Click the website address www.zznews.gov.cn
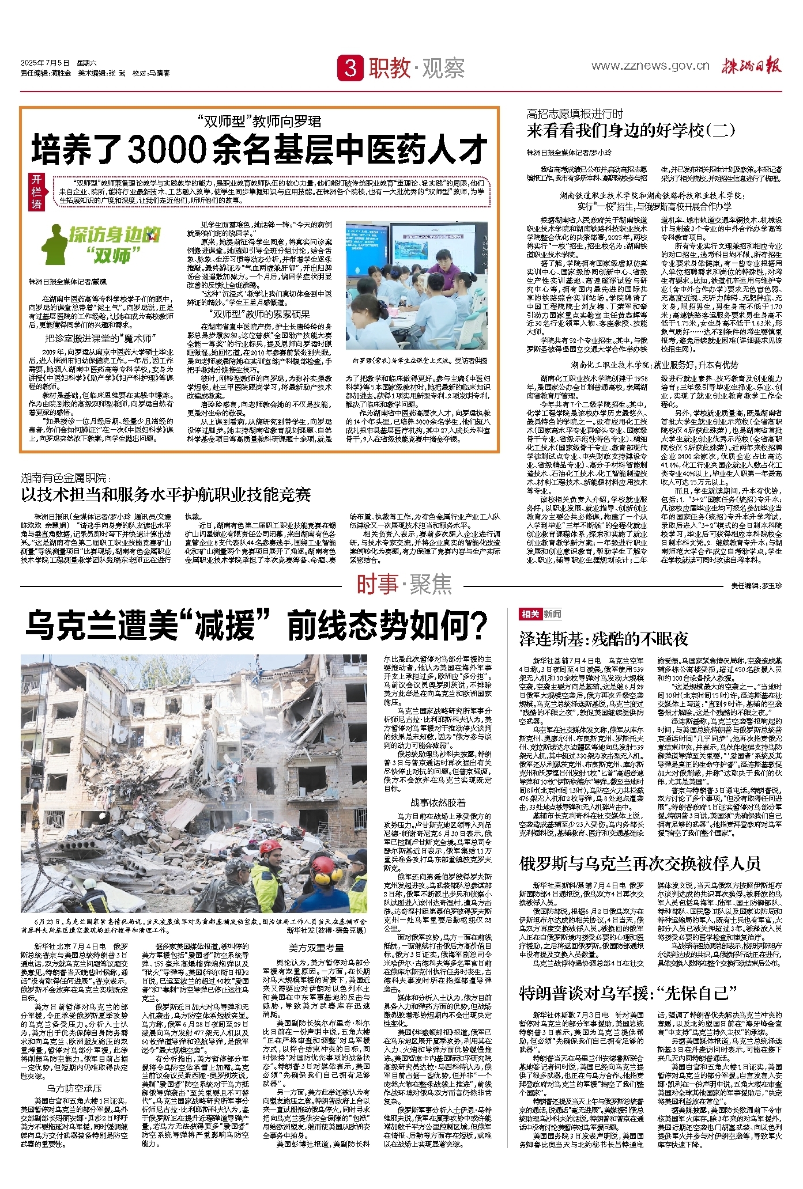650,66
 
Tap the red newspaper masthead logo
751,66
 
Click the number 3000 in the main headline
167,150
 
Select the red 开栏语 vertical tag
37,192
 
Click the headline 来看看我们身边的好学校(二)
631,131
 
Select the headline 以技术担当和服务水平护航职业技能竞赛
166,494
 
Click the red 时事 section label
377,585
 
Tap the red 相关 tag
530,614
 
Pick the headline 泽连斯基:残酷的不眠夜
604,639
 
